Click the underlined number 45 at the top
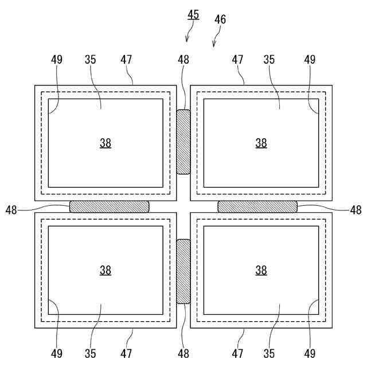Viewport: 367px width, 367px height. click(x=193, y=14)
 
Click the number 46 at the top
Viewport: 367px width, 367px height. click(x=220, y=19)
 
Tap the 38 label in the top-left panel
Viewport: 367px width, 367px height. click(x=106, y=143)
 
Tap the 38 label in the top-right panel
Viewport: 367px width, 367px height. click(x=261, y=143)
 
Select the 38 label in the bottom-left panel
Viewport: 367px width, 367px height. click(x=106, y=270)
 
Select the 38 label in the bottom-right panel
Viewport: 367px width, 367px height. click(x=261, y=270)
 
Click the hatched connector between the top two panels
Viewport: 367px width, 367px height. click(x=183, y=142)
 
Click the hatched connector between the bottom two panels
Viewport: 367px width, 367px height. click(x=183, y=271)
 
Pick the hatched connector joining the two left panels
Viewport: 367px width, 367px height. click(x=109, y=206)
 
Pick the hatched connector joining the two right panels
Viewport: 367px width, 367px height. click(x=257, y=206)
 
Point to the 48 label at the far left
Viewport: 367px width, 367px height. click(x=11, y=210)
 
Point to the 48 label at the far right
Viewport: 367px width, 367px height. click(x=356, y=210)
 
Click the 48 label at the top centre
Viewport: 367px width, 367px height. click(x=183, y=60)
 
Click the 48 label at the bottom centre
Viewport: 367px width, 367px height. click(x=183, y=353)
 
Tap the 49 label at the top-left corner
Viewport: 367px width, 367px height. click(x=56, y=60)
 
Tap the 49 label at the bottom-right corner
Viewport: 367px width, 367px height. click(x=310, y=353)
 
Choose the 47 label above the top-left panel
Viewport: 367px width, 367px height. click(x=127, y=60)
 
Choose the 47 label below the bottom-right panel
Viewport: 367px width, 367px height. click(x=237, y=353)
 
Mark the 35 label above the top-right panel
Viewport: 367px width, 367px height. click(x=270, y=60)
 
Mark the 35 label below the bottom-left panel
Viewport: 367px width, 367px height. click(x=91, y=353)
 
